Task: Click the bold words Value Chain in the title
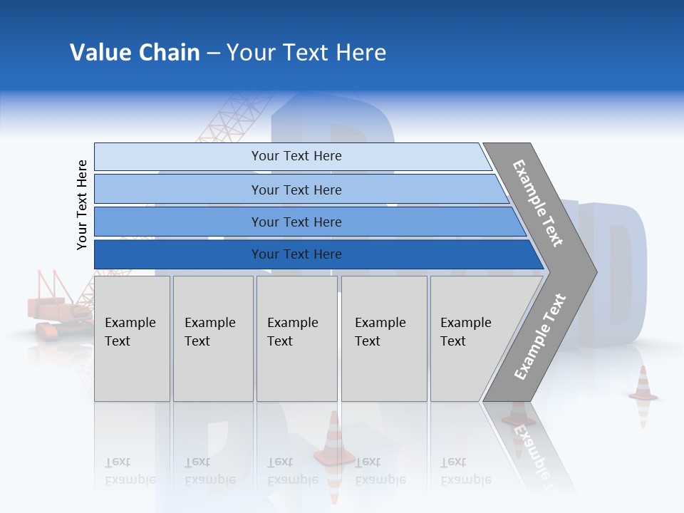[x=135, y=53]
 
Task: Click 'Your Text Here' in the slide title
[x=306, y=53]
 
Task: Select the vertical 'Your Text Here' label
[x=82, y=205]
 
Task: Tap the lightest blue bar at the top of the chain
[x=296, y=156]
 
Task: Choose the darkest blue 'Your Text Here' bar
[x=296, y=254]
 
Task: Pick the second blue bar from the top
[x=296, y=190]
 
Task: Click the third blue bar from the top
[x=296, y=222]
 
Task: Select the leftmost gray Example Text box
[x=132, y=338]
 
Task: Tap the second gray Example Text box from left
[x=213, y=338]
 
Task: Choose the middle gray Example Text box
[x=296, y=338]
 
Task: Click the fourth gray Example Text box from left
[x=384, y=338]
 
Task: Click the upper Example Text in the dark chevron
[x=539, y=203]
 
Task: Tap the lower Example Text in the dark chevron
[x=540, y=336]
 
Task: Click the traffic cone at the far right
[x=643, y=385]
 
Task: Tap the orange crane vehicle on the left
[x=57, y=310]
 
